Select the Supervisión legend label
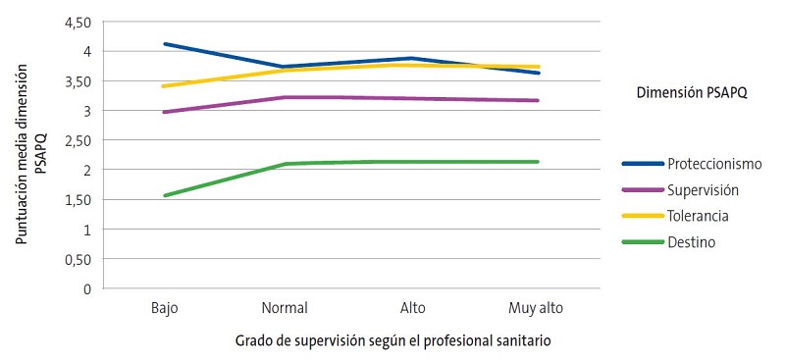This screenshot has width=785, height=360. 703,188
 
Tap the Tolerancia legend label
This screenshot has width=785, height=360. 699,215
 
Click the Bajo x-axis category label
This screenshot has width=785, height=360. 164,308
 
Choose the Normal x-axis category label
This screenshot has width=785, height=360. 286,308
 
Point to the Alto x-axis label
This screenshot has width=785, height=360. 413,308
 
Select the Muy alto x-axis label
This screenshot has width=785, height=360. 537,308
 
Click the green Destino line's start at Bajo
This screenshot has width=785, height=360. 165,195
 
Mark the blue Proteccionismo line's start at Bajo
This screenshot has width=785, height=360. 165,43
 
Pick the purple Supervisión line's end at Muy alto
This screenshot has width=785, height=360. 539,100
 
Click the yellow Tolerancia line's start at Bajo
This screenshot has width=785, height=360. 165,86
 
